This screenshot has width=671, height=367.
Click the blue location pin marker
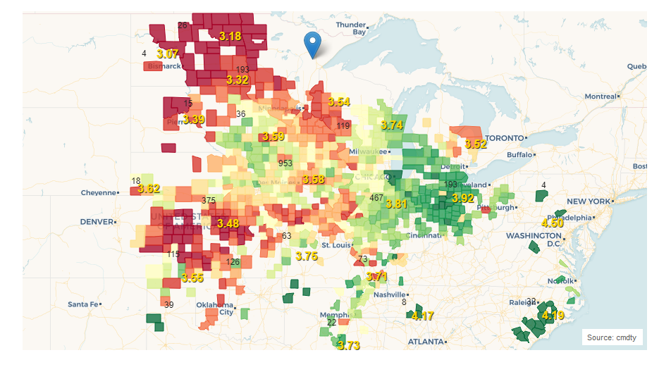(312, 44)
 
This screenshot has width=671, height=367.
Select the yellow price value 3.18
(230, 36)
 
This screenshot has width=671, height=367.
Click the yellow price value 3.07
(167, 54)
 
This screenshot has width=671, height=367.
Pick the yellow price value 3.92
(463, 198)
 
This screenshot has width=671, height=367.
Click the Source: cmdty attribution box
(611, 337)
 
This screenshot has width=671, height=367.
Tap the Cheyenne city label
(98, 192)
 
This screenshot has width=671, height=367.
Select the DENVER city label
(97, 221)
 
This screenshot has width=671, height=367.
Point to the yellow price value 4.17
(422, 316)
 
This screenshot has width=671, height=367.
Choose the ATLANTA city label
(426, 342)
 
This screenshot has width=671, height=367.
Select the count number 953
(285, 163)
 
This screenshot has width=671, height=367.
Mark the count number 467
(376, 198)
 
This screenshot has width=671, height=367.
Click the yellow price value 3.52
(476, 144)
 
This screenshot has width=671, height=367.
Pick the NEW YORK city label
(588, 201)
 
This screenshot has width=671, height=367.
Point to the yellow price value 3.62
(149, 189)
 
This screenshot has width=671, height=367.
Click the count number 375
(209, 200)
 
